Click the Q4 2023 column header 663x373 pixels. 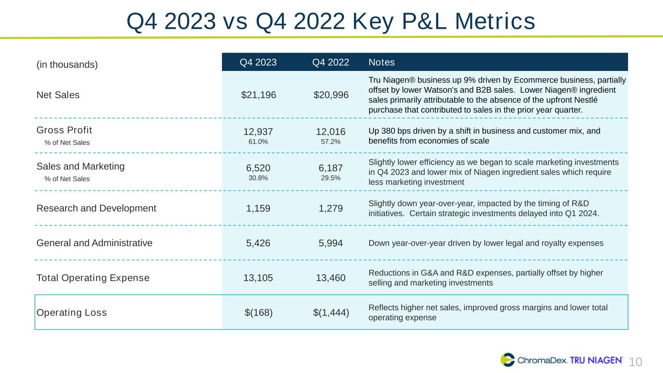(258, 62)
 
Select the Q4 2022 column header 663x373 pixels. (331, 62)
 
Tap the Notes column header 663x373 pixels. (381, 62)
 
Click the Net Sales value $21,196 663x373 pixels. (258, 95)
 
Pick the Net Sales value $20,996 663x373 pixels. (331, 95)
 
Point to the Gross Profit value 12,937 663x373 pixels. (258, 132)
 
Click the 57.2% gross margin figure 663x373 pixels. (331, 141)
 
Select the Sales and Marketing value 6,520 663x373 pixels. (258, 168)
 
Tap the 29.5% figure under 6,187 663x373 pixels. (331, 178)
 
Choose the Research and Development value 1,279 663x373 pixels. (331, 208)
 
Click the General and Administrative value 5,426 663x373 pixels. (258, 243)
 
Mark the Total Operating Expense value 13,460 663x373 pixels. (331, 278)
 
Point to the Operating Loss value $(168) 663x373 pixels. (258, 312)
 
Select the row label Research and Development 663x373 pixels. (96, 208)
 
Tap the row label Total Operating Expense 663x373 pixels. (93, 278)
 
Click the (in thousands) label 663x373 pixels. (67, 64)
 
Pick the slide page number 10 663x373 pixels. (636, 362)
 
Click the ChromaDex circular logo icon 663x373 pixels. (508, 360)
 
